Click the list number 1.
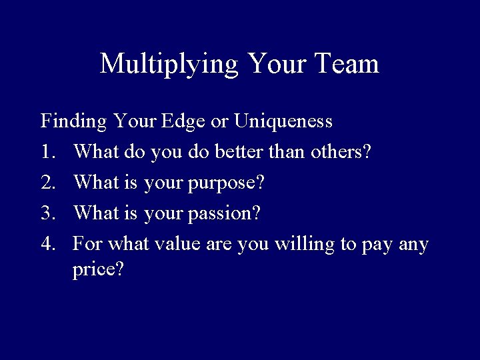pos(47,153)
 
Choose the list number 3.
pos(47,214)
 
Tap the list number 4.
pos(47,245)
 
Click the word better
pos(240,153)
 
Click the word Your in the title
pos(272,64)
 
